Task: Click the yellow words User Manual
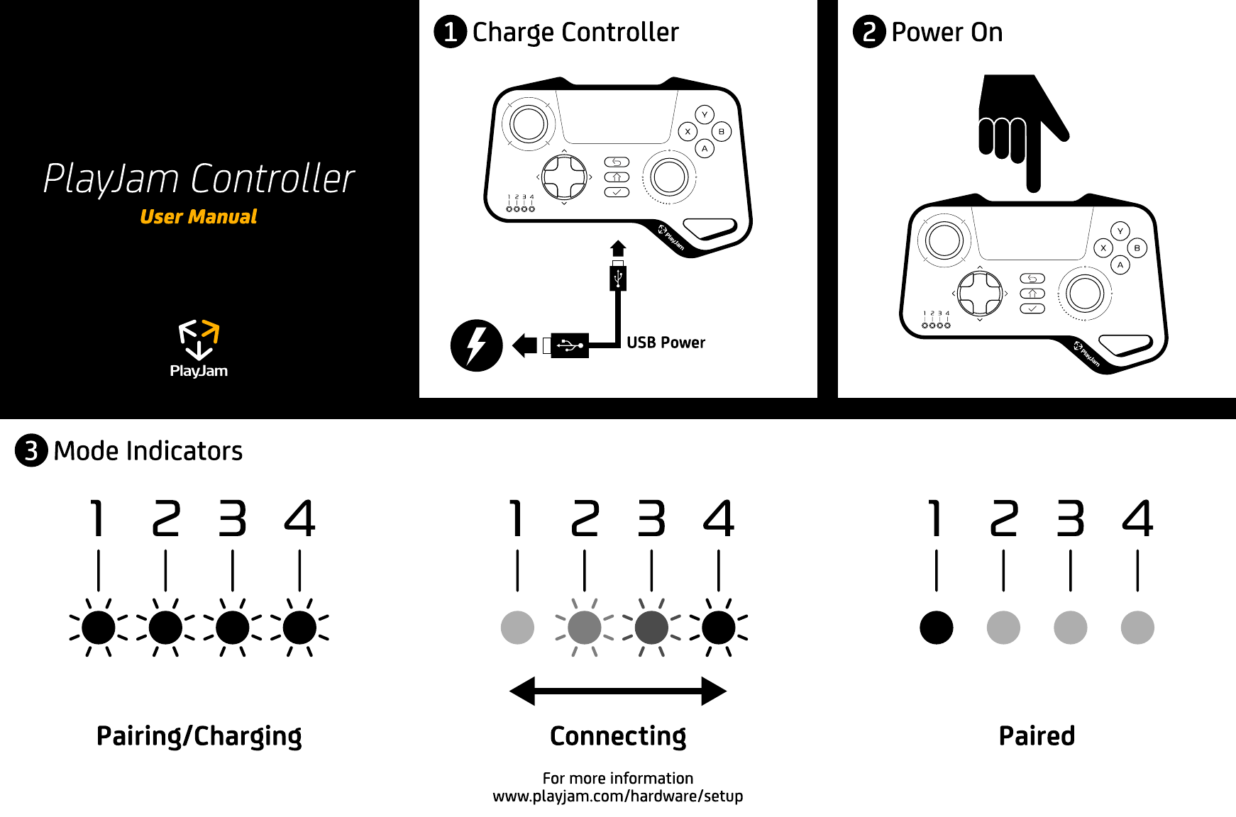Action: tap(198, 217)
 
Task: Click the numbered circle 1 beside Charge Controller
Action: tap(450, 32)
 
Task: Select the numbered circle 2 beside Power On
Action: tap(869, 32)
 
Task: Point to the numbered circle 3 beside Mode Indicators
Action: tap(31, 451)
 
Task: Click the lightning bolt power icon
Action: tap(476, 345)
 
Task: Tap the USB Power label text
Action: tap(666, 343)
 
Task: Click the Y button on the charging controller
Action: tap(705, 114)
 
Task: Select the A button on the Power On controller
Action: tap(1120, 265)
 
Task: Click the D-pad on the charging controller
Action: tap(564, 177)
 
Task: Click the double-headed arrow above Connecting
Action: tap(618, 691)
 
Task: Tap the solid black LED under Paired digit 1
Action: tap(936, 628)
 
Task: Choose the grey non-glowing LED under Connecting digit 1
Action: tap(517, 628)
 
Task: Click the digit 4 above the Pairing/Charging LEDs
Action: tap(299, 518)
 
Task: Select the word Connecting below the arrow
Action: tap(618, 736)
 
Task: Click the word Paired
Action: tap(1037, 736)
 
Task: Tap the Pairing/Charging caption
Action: tap(199, 736)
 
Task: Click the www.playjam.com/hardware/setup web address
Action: tap(618, 796)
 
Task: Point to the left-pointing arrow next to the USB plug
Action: tap(524, 345)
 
